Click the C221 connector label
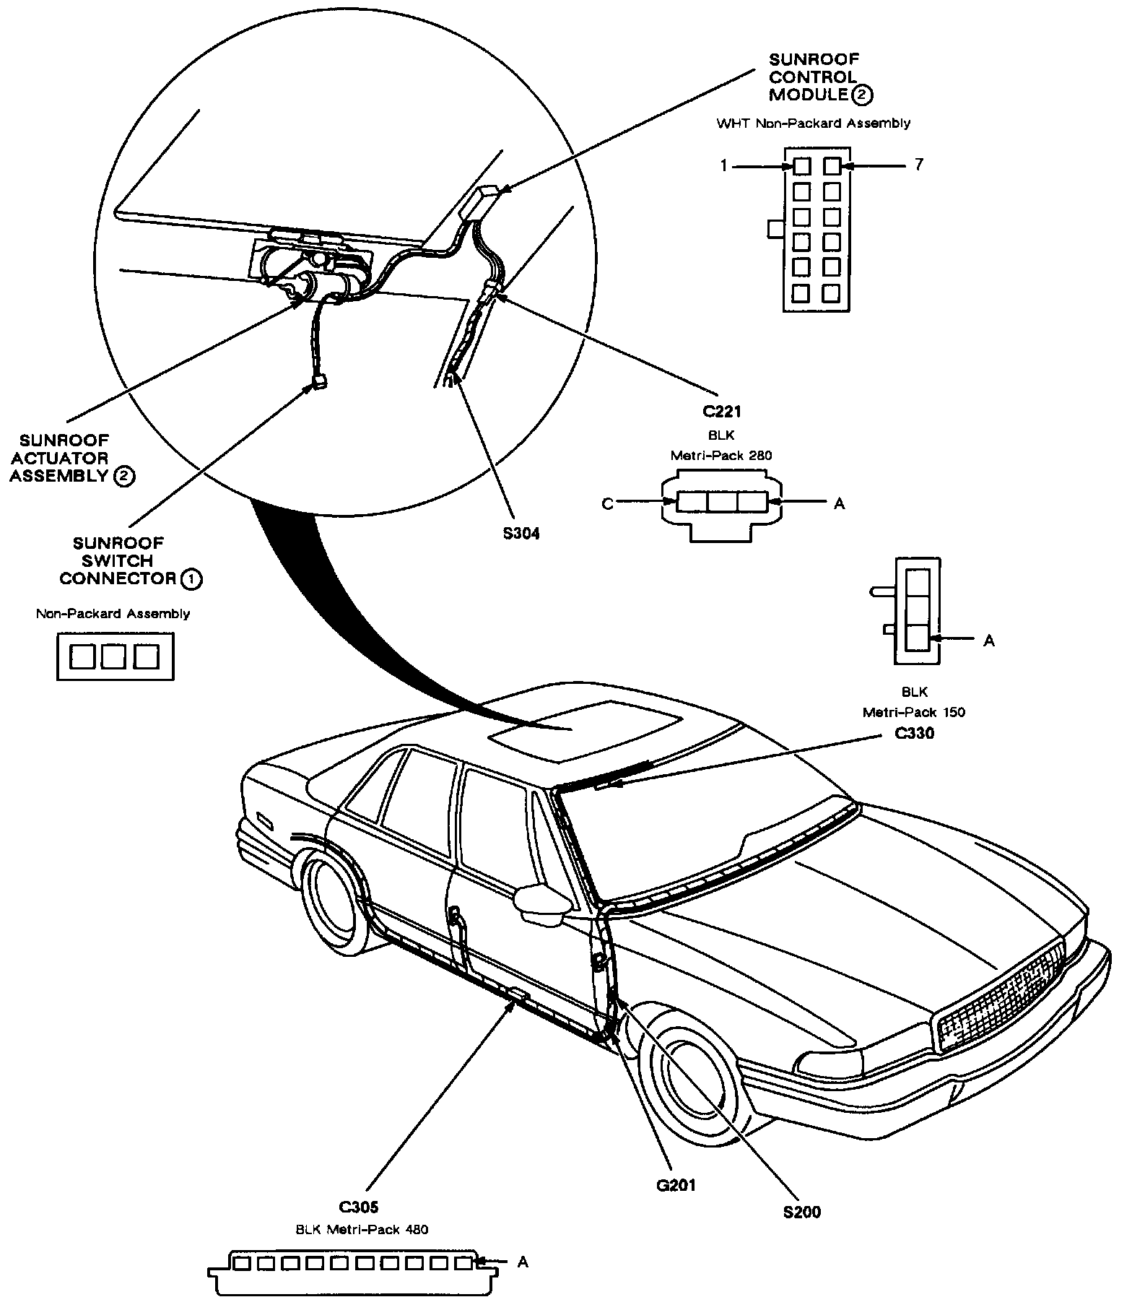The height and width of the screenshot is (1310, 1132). (x=721, y=412)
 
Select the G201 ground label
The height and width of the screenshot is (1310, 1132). (x=677, y=1185)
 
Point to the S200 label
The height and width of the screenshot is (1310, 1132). (x=802, y=1213)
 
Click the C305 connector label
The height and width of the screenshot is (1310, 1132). (x=359, y=1207)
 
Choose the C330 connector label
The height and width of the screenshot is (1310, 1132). (x=914, y=734)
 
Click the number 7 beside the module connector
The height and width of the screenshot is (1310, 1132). (x=918, y=165)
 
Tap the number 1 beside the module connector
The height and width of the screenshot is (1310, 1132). (x=723, y=166)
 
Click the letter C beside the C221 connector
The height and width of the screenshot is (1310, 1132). (x=607, y=504)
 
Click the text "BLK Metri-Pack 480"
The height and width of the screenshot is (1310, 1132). (x=362, y=1229)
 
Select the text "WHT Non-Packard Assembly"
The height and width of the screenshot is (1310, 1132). (x=813, y=123)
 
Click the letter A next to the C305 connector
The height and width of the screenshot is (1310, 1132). (x=523, y=1262)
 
